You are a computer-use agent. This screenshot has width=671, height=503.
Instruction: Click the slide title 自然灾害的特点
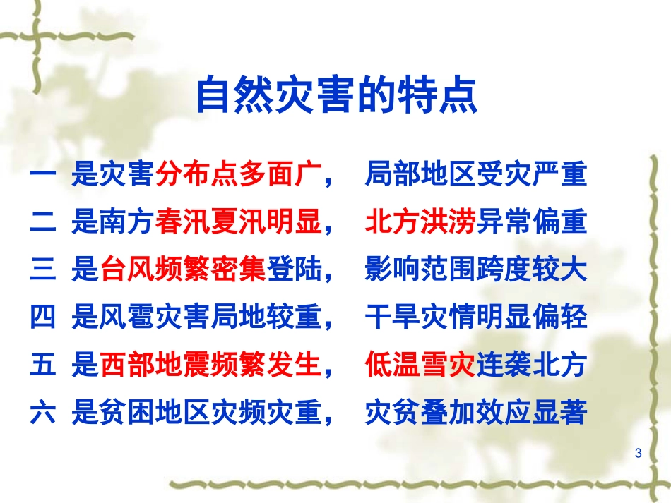tap(336, 97)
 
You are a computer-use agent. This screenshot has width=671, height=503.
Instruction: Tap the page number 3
tap(639, 452)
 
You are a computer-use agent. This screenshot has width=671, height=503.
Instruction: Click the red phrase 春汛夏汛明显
tap(238, 223)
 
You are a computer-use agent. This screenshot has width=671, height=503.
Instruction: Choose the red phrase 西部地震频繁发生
tap(210, 366)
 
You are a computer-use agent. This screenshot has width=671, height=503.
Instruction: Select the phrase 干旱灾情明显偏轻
tap(475, 318)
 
